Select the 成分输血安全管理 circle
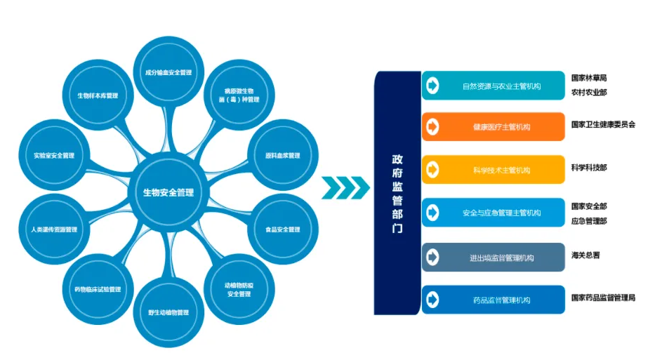pyautogui.click(x=168, y=72)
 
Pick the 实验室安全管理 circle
pyautogui.click(x=54, y=155)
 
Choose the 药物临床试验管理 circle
pyautogui.click(x=98, y=289)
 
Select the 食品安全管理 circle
pyautogui.click(x=282, y=229)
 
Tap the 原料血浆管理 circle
pyautogui.click(x=282, y=155)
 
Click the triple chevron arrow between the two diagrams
pyautogui.click(x=345, y=187)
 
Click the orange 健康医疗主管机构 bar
pyautogui.click(x=493, y=127)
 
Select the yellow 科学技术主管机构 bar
pyautogui.click(x=493, y=170)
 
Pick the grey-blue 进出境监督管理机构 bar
pyautogui.click(x=493, y=258)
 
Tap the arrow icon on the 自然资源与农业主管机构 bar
pyautogui.click(x=432, y=86)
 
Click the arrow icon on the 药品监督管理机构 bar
pyautogui.click(x=432, y=300)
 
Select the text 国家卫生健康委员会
pyautogui.click(x=603, y=124)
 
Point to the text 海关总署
pyautogui.click(x=585, y=255)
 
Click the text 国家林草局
pyautogui.click(x=589, y=78)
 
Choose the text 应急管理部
pyautogui.click(x=589, y=220)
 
